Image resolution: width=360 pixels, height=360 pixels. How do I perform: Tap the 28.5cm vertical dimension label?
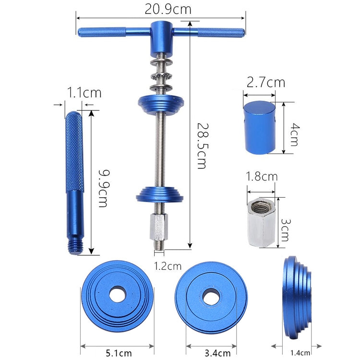click(201, 144)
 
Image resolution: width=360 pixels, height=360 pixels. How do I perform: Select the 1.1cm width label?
click(84, 92)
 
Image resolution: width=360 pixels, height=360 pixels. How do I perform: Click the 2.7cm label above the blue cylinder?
click(265, 82)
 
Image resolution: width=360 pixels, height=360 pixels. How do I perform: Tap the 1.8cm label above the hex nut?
click(262, 176)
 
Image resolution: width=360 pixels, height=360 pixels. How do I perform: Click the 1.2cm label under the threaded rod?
click(168, 265)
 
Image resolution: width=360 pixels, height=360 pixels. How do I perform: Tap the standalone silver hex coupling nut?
click(261, 223)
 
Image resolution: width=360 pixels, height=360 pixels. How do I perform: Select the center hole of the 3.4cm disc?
click(210, 297)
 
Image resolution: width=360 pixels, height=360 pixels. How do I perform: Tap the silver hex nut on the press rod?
click(159, 228)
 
